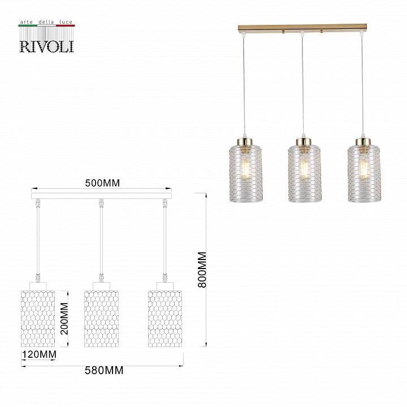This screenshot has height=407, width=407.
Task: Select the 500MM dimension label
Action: point(102,183)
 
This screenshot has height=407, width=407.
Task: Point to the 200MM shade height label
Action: point(64,318)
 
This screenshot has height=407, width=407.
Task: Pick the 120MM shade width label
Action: point(39,355)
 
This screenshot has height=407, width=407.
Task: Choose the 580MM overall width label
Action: point(103,371)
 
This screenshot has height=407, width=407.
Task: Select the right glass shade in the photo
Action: point(363,173)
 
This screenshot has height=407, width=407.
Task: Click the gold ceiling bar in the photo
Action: point(303,28)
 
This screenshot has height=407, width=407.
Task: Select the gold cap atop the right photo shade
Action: point(363,141)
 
